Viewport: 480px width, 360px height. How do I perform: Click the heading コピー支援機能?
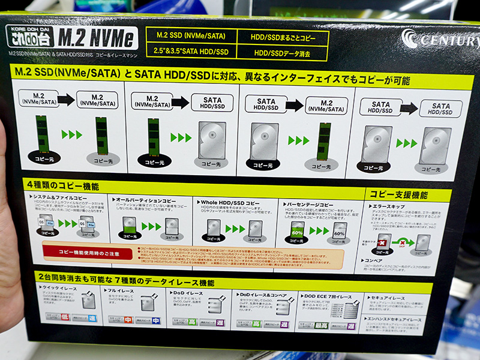click(x=398, y=195)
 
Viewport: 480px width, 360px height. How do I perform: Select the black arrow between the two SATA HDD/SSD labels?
click(x=409, y=109)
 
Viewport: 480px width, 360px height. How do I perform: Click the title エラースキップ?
click(x=391, y=207)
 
